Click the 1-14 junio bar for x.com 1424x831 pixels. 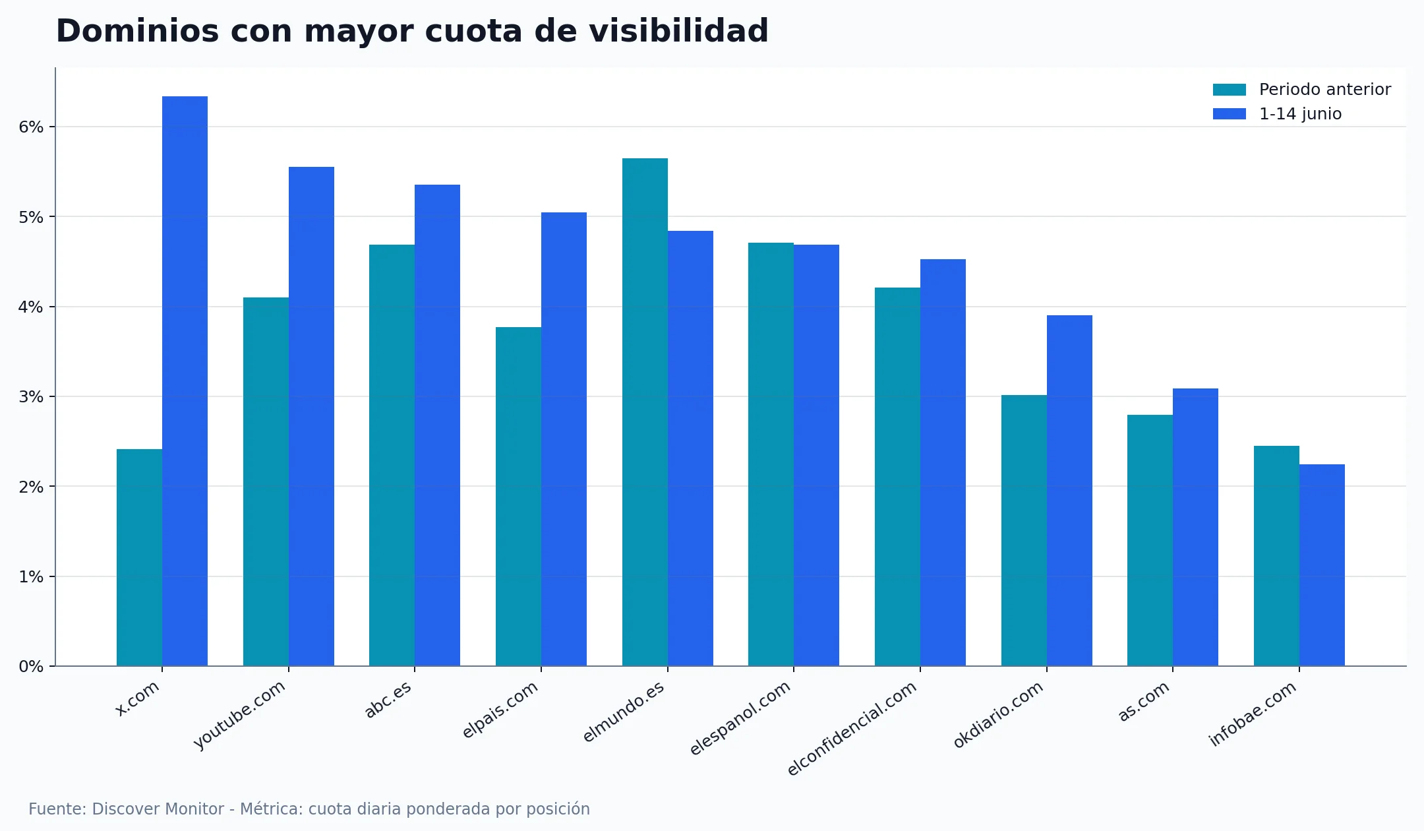185,381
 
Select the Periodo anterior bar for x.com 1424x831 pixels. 139,557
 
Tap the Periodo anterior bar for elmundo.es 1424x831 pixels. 645,412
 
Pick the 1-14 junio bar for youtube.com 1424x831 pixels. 311,416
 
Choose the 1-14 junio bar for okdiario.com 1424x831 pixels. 1069,491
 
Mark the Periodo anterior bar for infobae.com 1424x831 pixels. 1276,556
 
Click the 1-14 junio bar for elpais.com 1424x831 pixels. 564,439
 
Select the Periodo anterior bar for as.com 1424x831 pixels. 1150,540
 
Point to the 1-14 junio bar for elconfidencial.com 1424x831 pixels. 943,462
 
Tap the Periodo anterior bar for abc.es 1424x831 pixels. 392,455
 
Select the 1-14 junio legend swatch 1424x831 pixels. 1229,114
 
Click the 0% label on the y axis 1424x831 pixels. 31,667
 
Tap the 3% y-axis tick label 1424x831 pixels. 31,397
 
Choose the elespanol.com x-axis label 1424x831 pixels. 740,718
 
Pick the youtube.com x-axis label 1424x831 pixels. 239,715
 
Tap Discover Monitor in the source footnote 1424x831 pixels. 158,809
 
